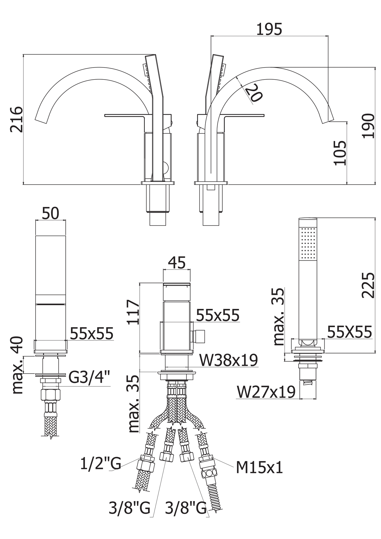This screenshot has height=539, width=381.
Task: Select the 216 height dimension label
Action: [16, 119]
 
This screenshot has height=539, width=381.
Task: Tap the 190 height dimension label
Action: [368, 126]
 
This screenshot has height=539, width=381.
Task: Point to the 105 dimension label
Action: [340, 153]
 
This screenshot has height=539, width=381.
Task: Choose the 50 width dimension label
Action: [50, 214]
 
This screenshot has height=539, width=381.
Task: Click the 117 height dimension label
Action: [133, 312]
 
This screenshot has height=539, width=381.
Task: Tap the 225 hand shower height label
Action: [368, 285]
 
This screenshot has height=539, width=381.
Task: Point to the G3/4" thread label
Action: [89, 377]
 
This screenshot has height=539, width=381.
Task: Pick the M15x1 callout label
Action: [259, 468]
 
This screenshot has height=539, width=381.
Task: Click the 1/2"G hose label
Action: [100, 464]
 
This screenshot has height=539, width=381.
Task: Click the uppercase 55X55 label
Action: [349, 332]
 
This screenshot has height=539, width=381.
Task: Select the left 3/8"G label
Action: [129, 507]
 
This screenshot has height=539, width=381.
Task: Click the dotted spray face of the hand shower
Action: [308, 243]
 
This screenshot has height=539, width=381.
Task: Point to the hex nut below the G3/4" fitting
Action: [50, 395]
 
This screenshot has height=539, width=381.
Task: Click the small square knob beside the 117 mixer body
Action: [200, 336]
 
